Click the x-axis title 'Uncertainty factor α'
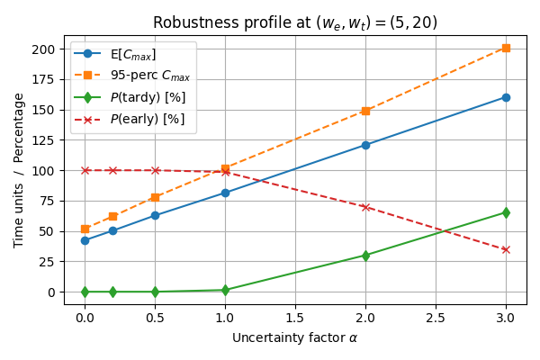pos(295,337)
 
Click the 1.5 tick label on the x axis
pos(295,317)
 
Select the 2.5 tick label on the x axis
pos(436,317)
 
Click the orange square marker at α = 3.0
pos(506,48)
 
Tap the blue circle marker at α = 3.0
pos(506,97)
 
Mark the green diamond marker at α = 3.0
pos(506,212)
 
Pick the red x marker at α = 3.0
pos(506,249)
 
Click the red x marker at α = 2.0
pos(365,207)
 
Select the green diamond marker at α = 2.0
pos(365,256)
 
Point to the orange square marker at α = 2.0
pos(365,111)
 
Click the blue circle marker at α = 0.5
pos(155,215)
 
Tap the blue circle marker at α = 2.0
pos(365,145)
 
